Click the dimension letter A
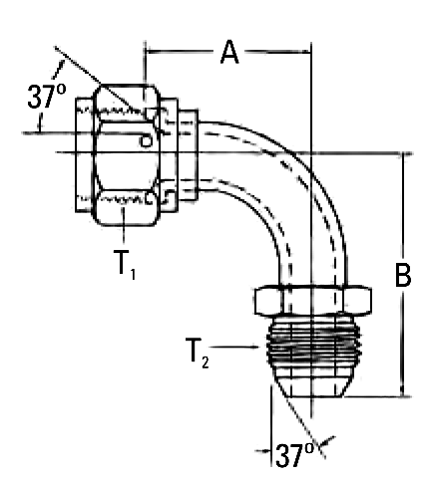pyautogui.click(x=229, y=52)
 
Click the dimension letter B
pyautogui.click(x=403, y=275)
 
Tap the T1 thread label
pyautogui.click(x=125, y=264)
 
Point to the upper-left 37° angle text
pyautogui.click(x=47, y=97)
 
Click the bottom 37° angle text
pyautogui.click(x=294, y=455)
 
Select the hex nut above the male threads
pyautogui.click(x=313, y=300)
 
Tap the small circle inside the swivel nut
pyautogui.click(x=145, y=141)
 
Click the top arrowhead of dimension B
pyautogui.click(x=403, y=158)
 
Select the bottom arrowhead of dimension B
pyautogui.click(x=403, y=391)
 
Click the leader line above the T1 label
pyautogui.click(x=124, y=225)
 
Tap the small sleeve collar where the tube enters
pyautogui.click(x=189, y=155)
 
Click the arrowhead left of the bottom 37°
pyautogui.click(x=265, y=451)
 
